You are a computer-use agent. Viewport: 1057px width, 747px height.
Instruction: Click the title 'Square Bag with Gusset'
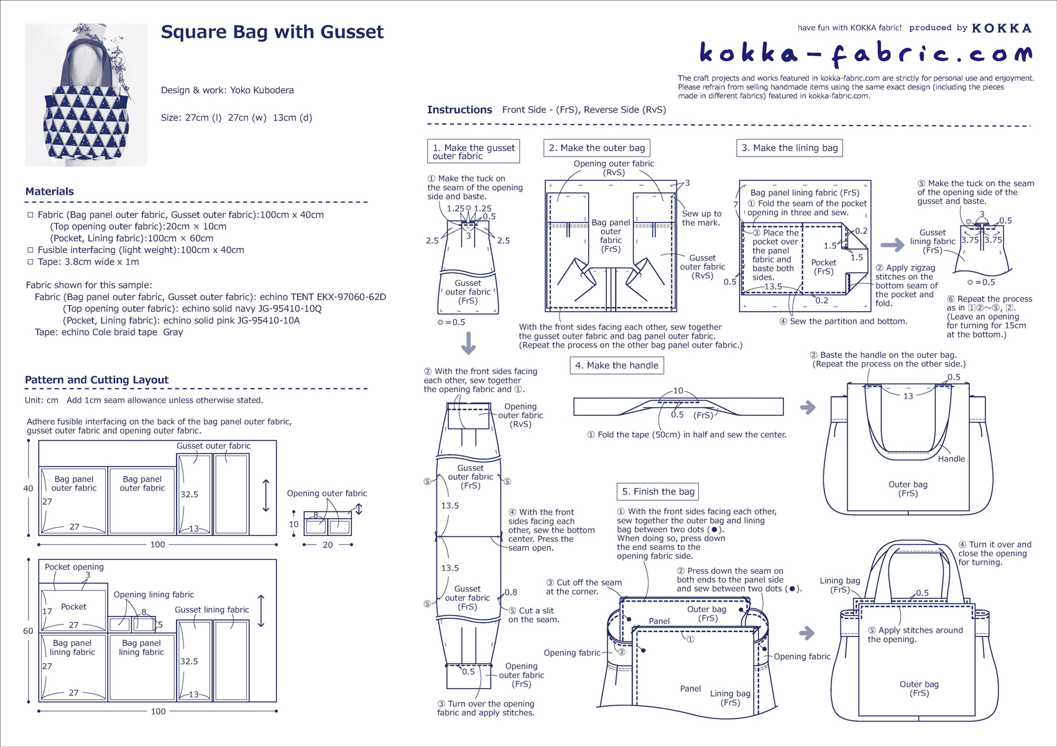coord(272,32)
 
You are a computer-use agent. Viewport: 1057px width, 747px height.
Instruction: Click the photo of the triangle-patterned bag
coord(86,95)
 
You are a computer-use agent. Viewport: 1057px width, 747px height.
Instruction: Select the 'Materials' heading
coord(50,191)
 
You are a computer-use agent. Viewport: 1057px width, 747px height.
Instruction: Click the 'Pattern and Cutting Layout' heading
coord(96,380)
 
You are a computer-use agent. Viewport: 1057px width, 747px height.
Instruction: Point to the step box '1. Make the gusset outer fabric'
coord(473,152)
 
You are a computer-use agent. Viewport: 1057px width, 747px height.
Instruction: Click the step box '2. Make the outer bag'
coord(596,148)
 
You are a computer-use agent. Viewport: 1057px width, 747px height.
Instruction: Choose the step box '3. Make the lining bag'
coord(789,148)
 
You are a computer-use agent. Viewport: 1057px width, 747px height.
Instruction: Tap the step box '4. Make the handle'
coord(616,365)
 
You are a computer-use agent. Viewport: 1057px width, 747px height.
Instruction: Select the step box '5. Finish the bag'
coord(657,492)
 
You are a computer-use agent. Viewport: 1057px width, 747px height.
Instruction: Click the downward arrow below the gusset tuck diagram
coord(468,343)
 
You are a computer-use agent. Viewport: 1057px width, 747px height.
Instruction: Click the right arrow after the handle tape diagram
coord(807,408)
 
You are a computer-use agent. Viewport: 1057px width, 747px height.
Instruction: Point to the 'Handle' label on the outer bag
coord(951,459)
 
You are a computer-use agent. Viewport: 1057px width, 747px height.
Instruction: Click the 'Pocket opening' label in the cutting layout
coord(74,567)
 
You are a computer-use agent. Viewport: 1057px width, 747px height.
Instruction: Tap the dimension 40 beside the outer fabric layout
coord(28,488)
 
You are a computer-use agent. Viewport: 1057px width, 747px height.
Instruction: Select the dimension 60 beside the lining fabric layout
coord(28,631)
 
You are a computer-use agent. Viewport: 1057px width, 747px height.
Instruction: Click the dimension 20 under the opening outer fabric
coord(328,545)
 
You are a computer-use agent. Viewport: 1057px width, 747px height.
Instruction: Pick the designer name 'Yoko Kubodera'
coord(262,90)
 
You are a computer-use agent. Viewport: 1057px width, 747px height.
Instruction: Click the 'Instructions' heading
coord(459,110)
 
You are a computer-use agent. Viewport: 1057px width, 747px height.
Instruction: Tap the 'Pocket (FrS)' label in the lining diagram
coord(824,267)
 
